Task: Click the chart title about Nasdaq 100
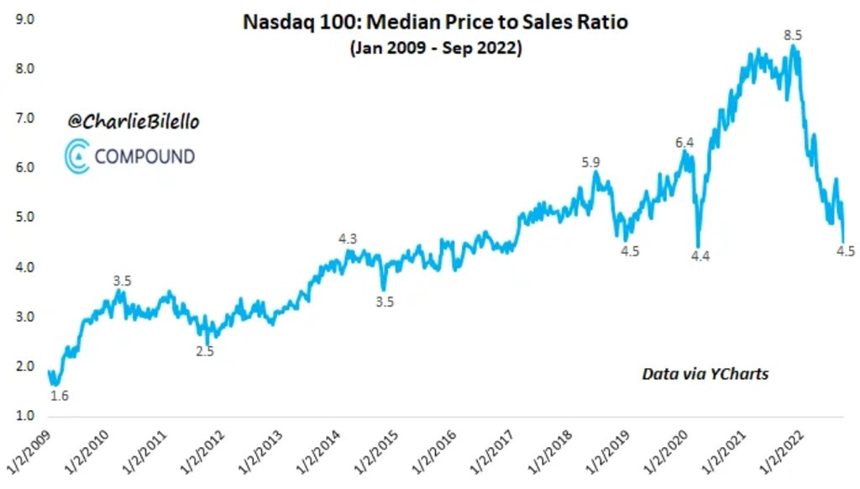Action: [x=435, y=22]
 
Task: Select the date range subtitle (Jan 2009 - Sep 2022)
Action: [x=435, y=49]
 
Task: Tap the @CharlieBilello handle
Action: [x=134, y=122]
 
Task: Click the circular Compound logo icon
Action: [x=76, y=156]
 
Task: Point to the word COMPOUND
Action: [x=144, y=156]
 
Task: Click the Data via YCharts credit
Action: [x=705, y=373]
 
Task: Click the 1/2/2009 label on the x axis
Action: [x=29, y=454]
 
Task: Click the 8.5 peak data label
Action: [x=793, y=35]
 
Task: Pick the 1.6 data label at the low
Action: [x=59, y=394]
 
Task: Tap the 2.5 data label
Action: [x=205, y=351]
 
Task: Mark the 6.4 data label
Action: [x=684, y=143]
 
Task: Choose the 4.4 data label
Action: [x=700, y=256]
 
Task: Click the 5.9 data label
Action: [x=591, y=163]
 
